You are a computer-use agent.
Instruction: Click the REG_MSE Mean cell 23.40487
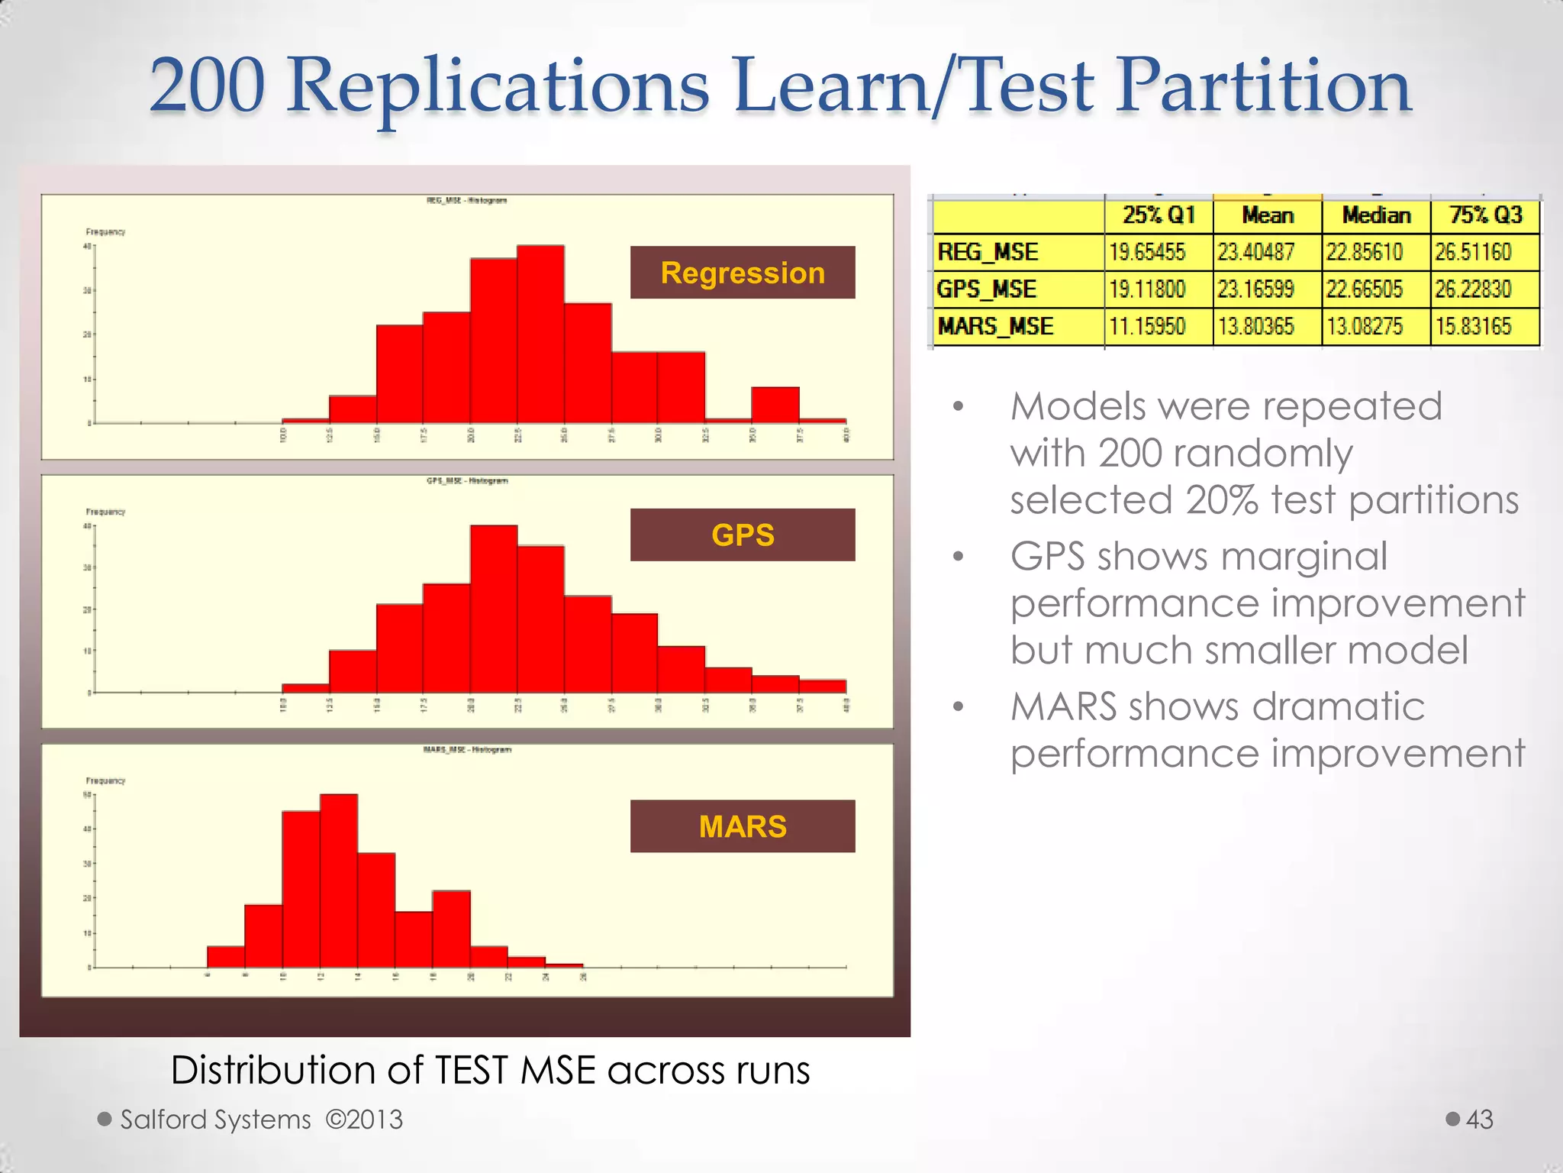coord(1255,252)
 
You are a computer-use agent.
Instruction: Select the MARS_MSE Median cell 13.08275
coord(1365,327)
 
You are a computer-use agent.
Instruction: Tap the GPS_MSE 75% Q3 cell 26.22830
coord(1473,289)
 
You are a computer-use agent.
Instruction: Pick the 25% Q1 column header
coord(1159,215)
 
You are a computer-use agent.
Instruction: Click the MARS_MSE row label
coord(996,327)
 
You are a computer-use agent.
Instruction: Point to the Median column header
coord(1376,215)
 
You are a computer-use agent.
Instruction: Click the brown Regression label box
coord(743,273)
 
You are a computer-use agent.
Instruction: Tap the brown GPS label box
coord(743,535)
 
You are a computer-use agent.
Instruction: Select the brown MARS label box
coord(743,826)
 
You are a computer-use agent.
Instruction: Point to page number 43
coord(1479,1120)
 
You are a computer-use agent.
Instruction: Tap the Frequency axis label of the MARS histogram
coord(105,780)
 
